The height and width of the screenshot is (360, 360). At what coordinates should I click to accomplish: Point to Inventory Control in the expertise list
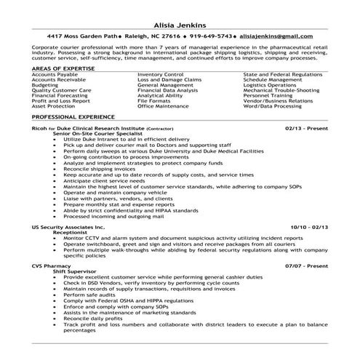[159, 73]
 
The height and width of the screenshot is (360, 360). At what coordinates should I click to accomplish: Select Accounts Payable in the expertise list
[53, 73]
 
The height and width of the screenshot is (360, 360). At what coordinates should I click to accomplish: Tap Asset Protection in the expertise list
[52, 107]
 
